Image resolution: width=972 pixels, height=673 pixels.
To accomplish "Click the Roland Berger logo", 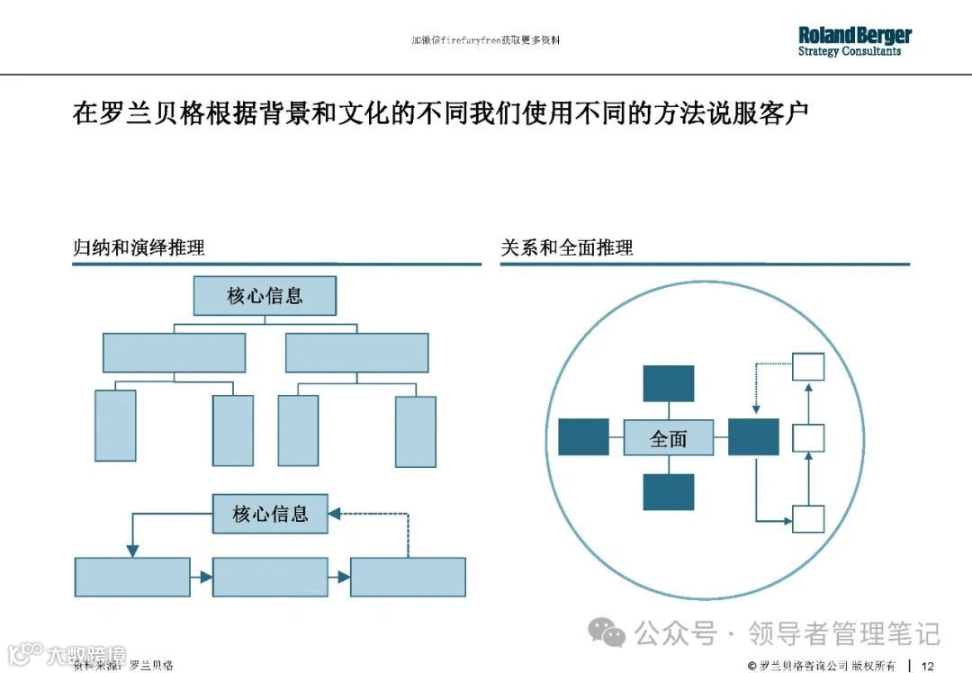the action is click(x=854, y=41).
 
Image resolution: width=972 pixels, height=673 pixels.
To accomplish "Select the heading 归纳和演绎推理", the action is click(x=139, y=247).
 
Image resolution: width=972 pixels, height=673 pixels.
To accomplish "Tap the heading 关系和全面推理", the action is click(x=566, y=247).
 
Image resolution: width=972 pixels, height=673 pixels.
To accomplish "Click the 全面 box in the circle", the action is click(x=668, y=438).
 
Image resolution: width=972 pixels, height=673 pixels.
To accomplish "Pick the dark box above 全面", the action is click(x=668, y=383).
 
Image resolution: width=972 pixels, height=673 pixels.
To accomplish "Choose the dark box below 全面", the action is click(x=668, y=492).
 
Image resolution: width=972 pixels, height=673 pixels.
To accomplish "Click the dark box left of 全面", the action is click(x=583, y=437).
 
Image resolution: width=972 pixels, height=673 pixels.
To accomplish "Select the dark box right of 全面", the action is click(x=753, y=437).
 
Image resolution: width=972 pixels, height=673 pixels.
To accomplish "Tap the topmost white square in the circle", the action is click(x=807, y=366).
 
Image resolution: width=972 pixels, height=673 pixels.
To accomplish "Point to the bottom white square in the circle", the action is click(x=807, y=519).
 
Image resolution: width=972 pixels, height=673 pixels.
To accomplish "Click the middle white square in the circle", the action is click(x=807, y=438).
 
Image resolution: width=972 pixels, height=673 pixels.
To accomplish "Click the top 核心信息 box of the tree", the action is click(x=265, y=296).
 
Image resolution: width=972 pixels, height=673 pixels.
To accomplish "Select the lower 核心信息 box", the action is click(x=270, y=514).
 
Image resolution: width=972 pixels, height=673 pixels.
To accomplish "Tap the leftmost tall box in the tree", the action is click(x=115, y=426).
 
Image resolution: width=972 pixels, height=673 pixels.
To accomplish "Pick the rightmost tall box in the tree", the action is click(x=415, y=431).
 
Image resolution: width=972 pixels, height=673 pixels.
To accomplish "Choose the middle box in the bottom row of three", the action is click(x=270, y=577).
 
